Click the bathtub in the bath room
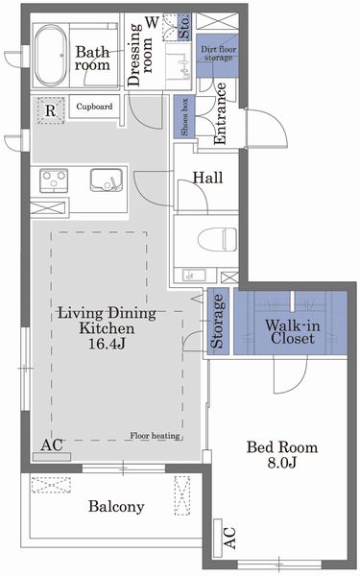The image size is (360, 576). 51,56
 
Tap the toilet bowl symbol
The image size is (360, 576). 217,239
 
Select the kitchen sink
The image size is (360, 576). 107,180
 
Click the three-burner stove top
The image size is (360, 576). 54,180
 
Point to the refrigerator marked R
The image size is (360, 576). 51,110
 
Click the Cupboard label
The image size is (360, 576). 94,107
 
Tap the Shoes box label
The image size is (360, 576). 184,116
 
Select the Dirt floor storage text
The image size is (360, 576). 218,53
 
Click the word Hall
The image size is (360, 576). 208,178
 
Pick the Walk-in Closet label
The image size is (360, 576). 293,332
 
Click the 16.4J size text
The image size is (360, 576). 107,344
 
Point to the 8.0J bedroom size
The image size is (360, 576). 281,463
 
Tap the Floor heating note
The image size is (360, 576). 155,436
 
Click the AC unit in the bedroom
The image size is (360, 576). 218,539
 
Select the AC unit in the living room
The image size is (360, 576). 52,457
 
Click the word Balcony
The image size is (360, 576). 116,507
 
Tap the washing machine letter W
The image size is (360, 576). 152,22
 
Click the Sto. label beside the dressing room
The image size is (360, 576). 184,27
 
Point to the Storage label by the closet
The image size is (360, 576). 217,321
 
